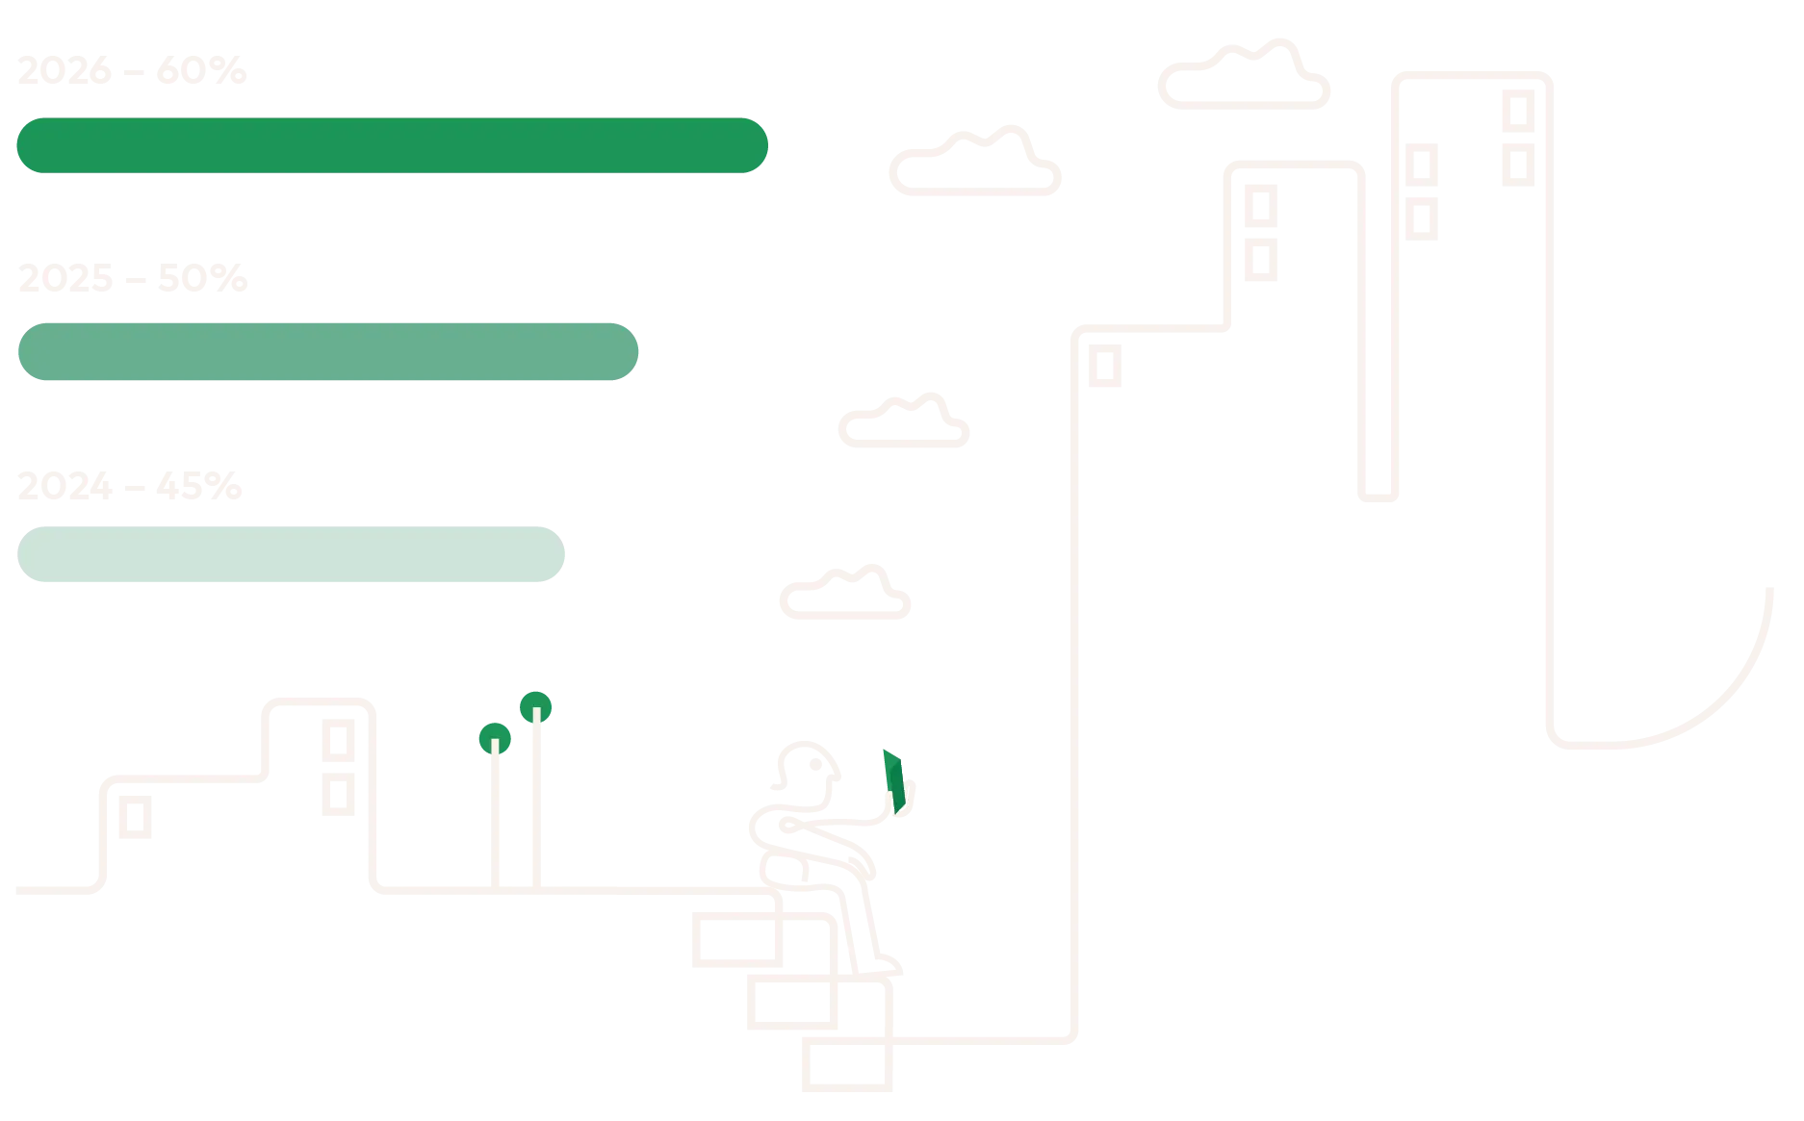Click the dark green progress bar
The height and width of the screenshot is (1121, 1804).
[x=392, y=146]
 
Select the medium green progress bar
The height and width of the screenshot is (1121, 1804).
[x=327, y=350]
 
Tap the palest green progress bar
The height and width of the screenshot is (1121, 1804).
[x=292, y=554]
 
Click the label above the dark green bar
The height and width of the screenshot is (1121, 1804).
[x=131, y=71]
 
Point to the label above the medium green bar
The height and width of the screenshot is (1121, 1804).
[x=134, y=278]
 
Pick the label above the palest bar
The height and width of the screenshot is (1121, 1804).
[x=130, y=486]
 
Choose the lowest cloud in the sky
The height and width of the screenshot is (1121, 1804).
[x=846, y=594]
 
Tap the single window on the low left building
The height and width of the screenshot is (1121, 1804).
[x=134, y=818]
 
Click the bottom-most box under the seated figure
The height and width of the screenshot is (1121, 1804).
[x=846, y=1065]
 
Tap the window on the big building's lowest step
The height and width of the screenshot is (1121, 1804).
[x=1105, y=366]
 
